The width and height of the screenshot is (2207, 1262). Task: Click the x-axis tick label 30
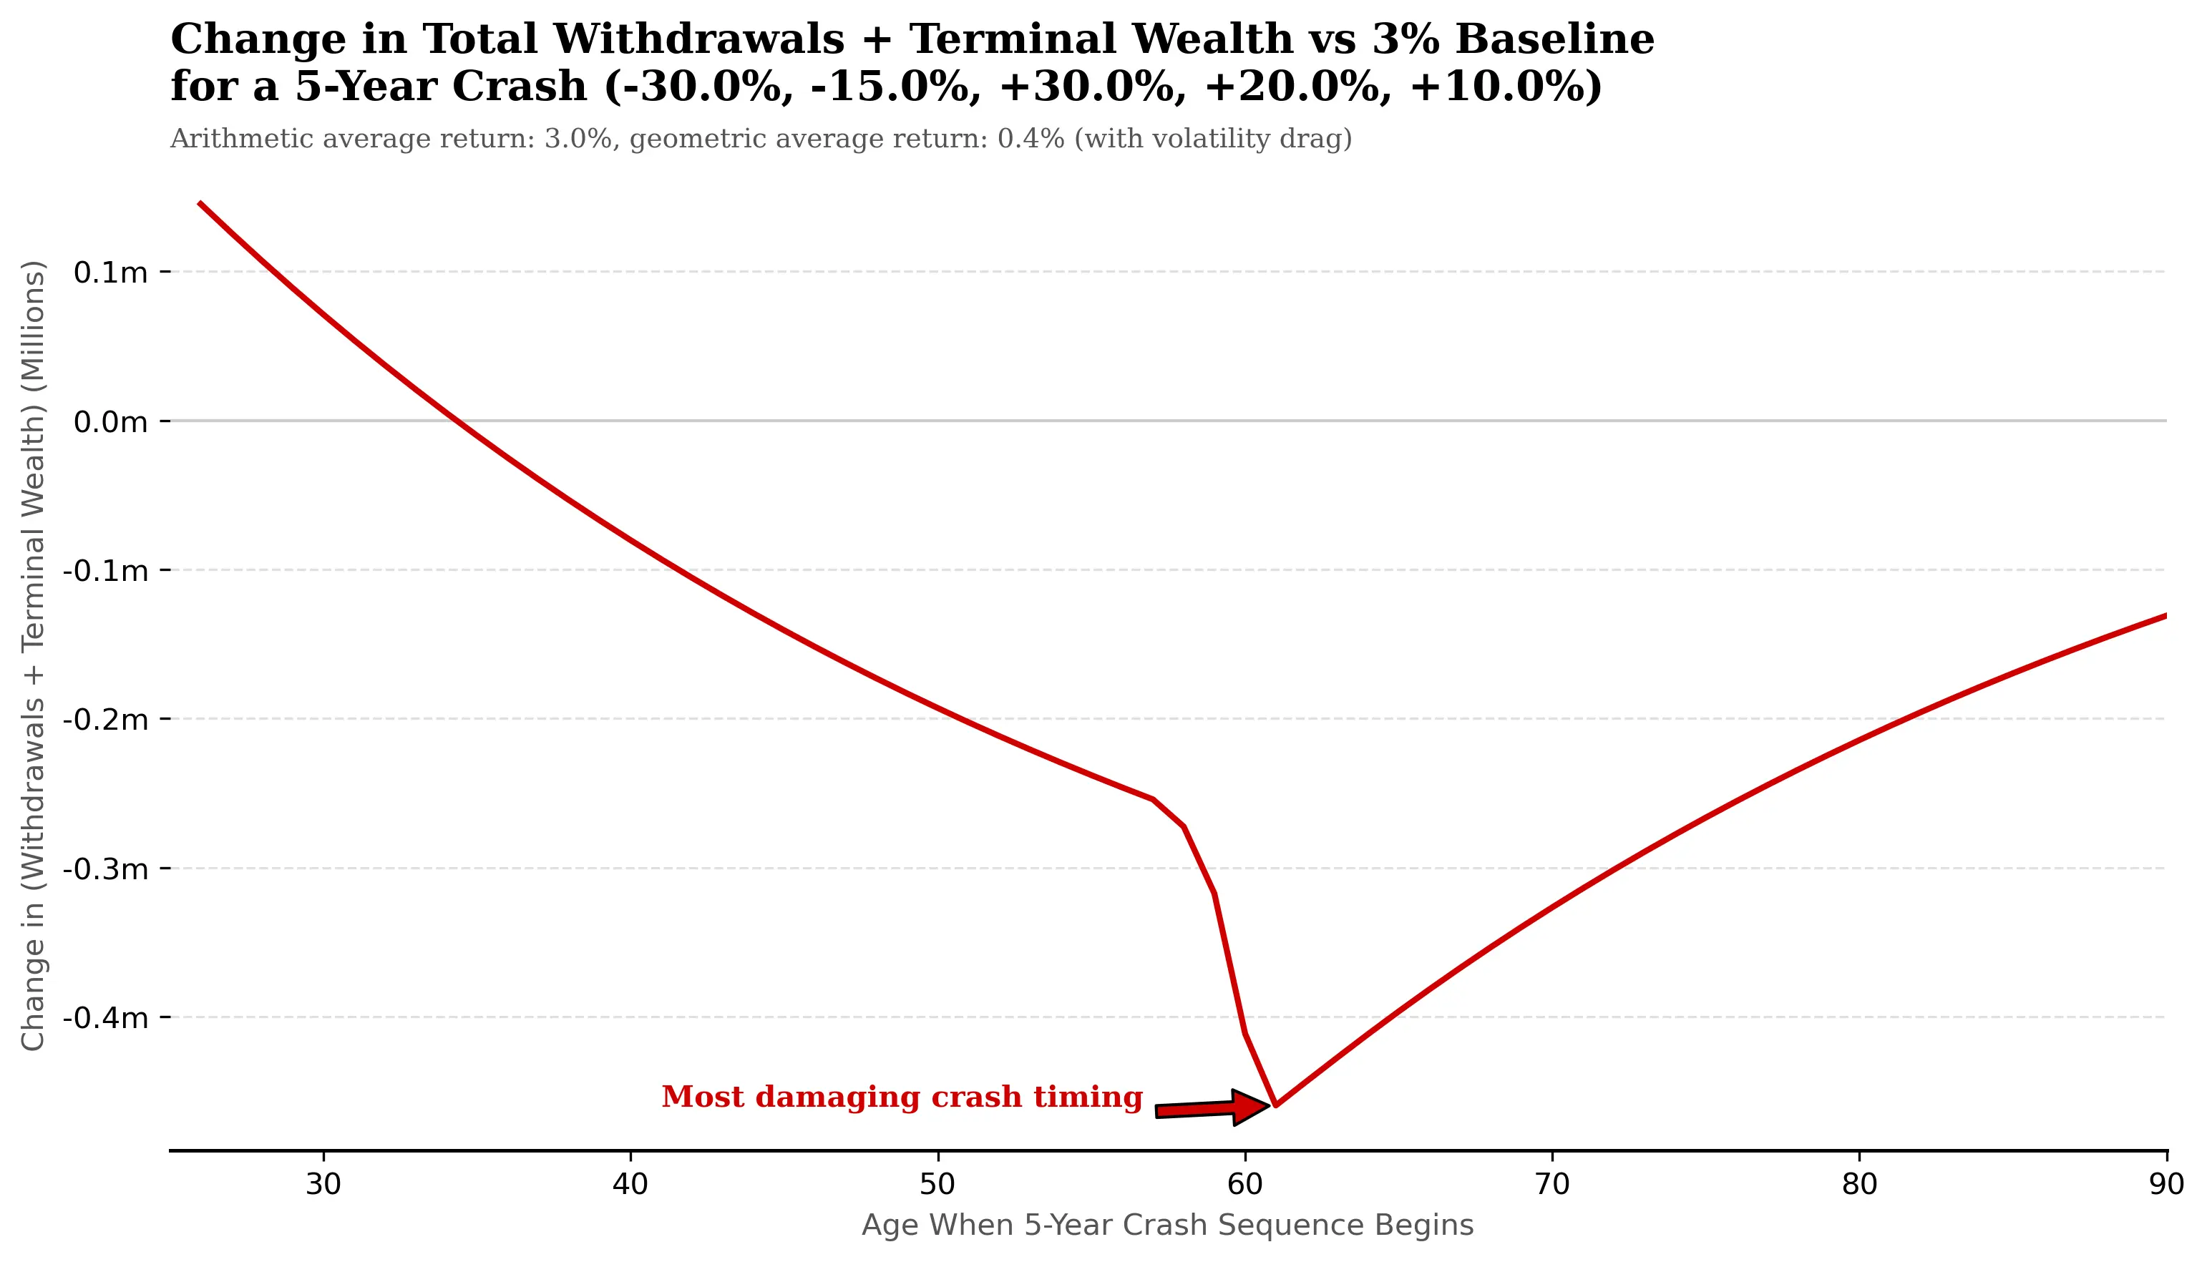tap(323, 1185)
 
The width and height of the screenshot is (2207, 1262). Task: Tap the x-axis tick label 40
tap(630, 1185)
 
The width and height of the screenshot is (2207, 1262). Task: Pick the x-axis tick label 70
tap(1551, 1185)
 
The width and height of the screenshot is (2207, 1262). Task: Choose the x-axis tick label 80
tap(1858, 1185)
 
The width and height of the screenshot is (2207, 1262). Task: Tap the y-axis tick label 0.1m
tap(111, 273)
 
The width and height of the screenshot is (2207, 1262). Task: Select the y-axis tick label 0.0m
tap(111, 422)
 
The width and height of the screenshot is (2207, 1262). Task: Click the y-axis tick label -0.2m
tap(106, 720)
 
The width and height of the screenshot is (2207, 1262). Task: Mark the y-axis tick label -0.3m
tap(106, 869)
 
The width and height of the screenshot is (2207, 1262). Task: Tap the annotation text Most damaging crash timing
tap(902, 1097)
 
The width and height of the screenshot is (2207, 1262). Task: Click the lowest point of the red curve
tap(1275, 1105)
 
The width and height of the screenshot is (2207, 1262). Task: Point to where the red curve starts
tap(200, 203)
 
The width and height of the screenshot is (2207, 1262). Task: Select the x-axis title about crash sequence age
tap(1166, 1226)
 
